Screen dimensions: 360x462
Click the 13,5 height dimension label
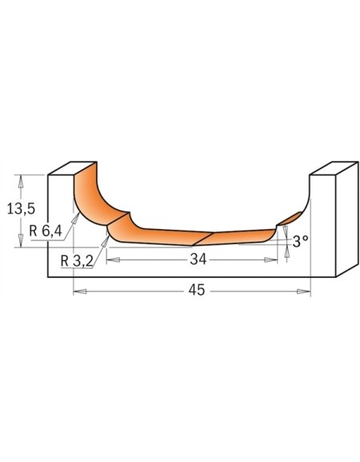tap(21, 209)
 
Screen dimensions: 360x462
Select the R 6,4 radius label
tap(46, 231)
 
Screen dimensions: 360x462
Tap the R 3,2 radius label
tap(77, 261)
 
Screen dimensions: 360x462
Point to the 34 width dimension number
tap(198, 259)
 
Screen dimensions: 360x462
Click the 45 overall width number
tap(197, 290)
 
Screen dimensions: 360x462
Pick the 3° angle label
tap(301, 242)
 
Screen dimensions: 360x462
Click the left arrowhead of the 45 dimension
tap(80, 291)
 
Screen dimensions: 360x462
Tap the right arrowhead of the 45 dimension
tap(304, 291)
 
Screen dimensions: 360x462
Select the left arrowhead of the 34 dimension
tap(113, 260)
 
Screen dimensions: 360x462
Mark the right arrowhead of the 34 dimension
tap(271, 260)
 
